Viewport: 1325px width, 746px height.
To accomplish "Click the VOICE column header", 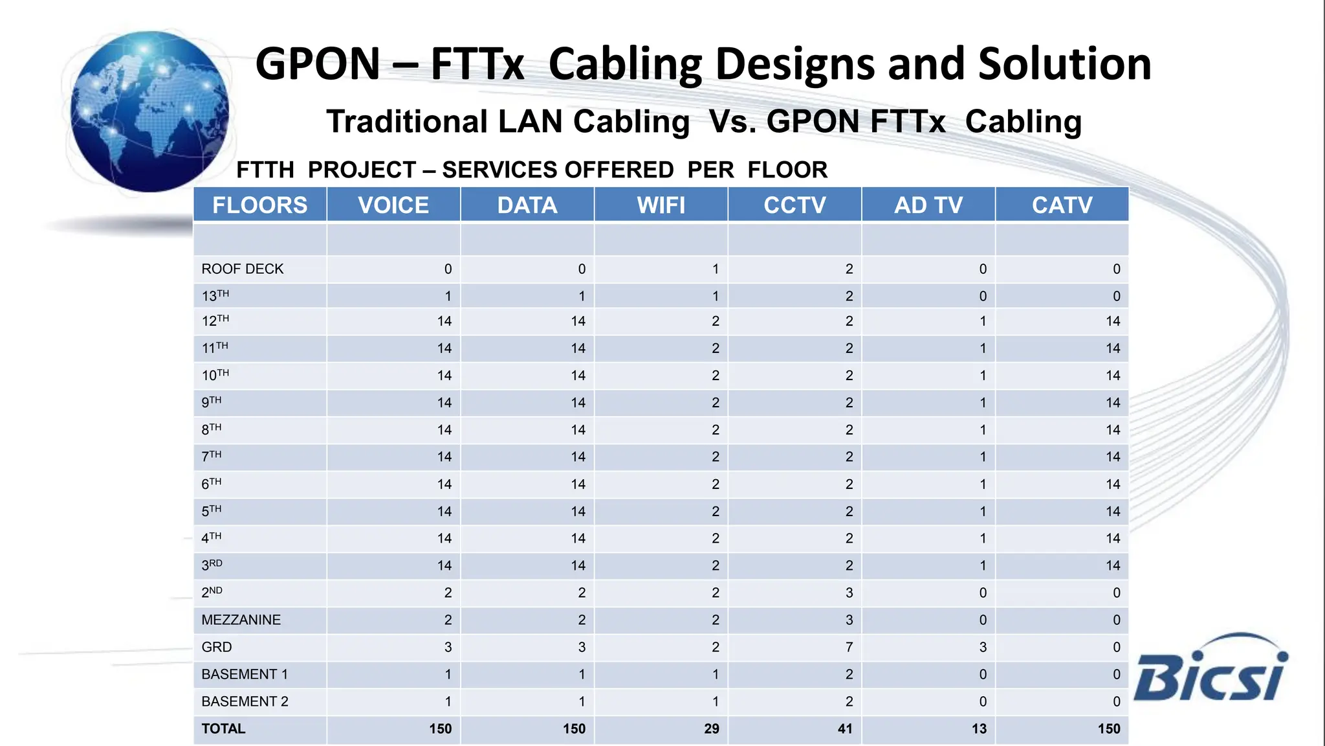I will coord(393,205).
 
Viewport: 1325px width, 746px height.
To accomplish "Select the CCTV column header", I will coord(794,205).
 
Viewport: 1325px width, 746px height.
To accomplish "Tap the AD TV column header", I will coord(928,205).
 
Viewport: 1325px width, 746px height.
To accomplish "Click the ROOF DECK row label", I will coord(243,269).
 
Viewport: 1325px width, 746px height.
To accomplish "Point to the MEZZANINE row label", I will coord(241,620).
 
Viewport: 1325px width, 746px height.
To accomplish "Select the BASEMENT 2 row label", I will coord(245,701).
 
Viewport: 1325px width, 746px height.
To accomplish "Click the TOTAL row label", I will coord(223,729).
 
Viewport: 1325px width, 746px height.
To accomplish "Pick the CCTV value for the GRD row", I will coord(849,647).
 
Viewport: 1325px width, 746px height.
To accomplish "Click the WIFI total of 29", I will coord(712,729).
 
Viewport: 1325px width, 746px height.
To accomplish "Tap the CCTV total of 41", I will coord(845,729).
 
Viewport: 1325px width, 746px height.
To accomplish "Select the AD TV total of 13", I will coord(979,729).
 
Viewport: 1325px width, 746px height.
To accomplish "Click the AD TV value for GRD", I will coord(983,647).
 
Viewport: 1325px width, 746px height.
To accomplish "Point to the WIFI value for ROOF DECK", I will coord(716,269).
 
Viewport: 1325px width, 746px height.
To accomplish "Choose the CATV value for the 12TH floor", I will coord(1113,321).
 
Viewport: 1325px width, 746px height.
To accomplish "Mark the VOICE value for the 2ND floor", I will coord(448,593).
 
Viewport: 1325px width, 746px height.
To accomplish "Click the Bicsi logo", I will coord(1210,670).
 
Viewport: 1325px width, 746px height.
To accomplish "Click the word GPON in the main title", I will coord(318,64).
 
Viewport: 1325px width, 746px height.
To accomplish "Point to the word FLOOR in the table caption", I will coord(787,170).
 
